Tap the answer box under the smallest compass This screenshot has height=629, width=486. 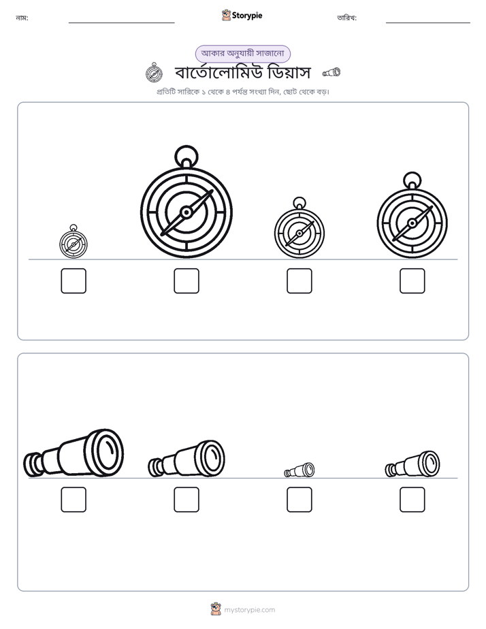pos(74,280)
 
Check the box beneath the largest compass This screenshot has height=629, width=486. pos(187,280)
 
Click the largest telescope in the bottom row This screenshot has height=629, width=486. pos(74,453)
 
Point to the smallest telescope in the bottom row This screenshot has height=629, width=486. pos(299,470)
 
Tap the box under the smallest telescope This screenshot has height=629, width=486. pos(299,500)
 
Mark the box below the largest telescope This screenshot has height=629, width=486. pos(74,500)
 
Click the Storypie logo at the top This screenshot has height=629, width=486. pos(242,15)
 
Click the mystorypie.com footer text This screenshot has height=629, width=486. pos(249,610)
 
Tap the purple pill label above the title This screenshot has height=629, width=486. pos(242,54)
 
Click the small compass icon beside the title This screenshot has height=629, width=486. pos(154,72)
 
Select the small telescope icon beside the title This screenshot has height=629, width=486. pos(331,72)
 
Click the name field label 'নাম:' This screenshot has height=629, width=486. pos(22,18)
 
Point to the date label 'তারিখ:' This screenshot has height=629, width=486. pos(347,18)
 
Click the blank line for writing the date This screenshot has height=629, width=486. pos(428,22)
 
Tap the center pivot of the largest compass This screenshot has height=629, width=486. pos(187,212)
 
